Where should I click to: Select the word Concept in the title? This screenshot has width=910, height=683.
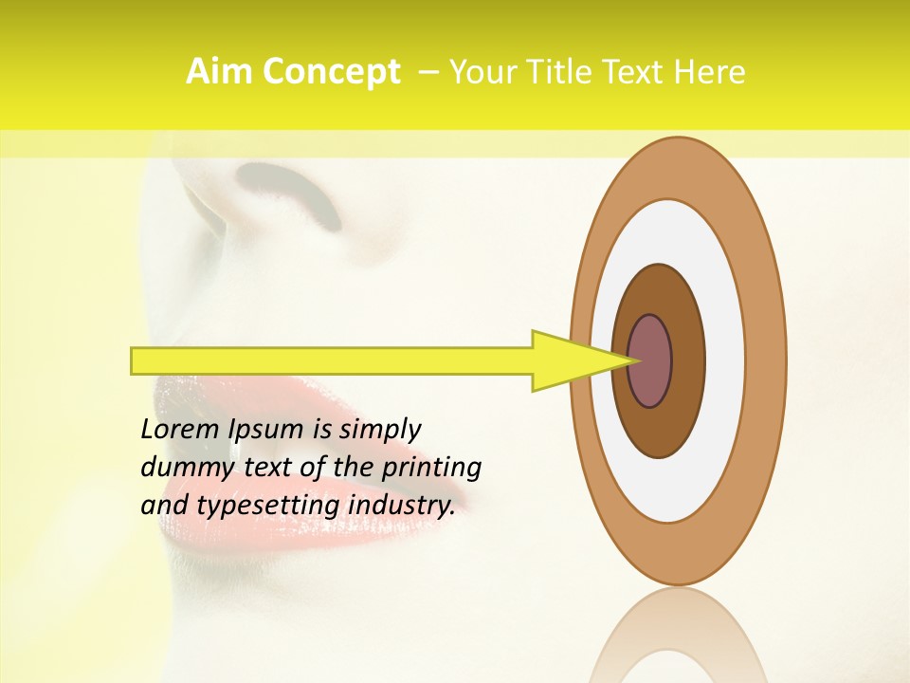tap(330, 72)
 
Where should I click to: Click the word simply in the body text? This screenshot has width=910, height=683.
tap(380, 431)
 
